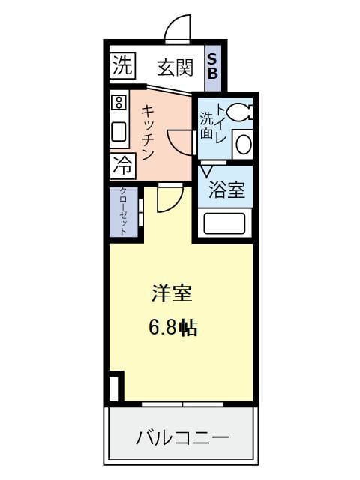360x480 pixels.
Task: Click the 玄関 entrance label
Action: point(175,67)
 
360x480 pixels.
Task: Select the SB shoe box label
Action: point(212,66)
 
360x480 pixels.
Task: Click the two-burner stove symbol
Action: point(118,102)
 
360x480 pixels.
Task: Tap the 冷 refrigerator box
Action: point(120,166)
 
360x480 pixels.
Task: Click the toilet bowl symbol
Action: point(241,112)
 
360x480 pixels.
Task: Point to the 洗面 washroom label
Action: point(206,126)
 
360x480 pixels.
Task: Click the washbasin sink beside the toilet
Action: point(242,144)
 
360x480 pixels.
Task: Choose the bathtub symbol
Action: point(225,223)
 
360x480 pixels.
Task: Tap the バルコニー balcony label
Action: point(182,437)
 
